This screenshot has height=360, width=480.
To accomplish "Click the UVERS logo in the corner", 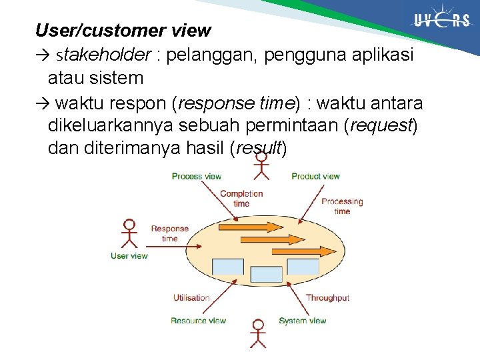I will (x=441, y=21).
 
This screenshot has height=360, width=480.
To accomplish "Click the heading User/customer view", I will (x=123, y=31).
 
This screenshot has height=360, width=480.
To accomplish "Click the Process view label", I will (x=196, y=177).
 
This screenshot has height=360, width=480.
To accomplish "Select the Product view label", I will (x=315, y=177).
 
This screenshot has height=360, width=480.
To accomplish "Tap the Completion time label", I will (x=241, y=198).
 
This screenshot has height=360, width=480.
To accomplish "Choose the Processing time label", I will (x=342, y=206).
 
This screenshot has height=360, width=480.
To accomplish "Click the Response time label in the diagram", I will (x=170, y=233).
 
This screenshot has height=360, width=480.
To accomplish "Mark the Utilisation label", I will (x=191, y=298).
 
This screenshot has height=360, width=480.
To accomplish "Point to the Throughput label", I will (x=327, y=298).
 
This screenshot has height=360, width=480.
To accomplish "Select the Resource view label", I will (x=198, y=321).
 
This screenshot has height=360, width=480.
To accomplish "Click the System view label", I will (x=303, y=321).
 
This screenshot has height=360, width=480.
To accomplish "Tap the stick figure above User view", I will (x=129, y=233).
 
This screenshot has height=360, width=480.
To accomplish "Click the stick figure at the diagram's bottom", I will (x=257, y=333).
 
